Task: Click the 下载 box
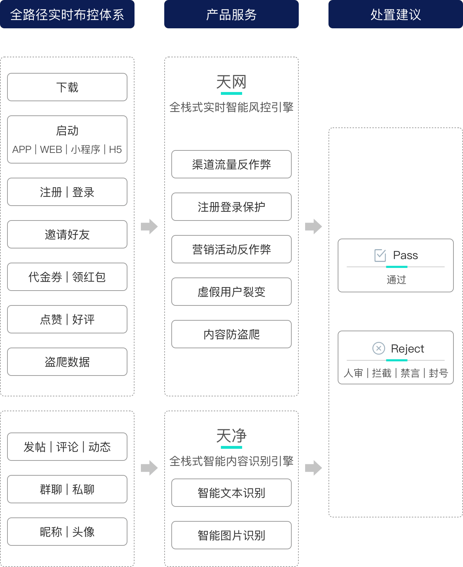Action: [67, 87]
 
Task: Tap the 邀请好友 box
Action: [67, 234]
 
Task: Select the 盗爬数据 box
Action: [67, 362]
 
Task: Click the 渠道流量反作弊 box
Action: [232, 164]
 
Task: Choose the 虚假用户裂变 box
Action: [232, 292]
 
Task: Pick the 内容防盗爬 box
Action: [232, 334]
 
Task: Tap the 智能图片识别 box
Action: [232, 535]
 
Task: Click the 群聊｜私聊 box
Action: [67, 489]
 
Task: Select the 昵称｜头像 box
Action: [67, 532]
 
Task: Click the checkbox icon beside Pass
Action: [380, 256]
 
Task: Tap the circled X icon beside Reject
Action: [378, 348]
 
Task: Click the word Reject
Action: [407, 349]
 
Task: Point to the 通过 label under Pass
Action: [396, 280]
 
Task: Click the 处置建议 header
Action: [396, 14]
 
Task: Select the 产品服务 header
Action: [232, 14]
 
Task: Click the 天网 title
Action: [232, 82]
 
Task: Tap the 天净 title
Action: [232, 436]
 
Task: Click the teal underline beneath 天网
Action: [232, 93]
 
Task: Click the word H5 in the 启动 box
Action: [115, 149]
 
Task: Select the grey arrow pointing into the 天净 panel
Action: [149, 468]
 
